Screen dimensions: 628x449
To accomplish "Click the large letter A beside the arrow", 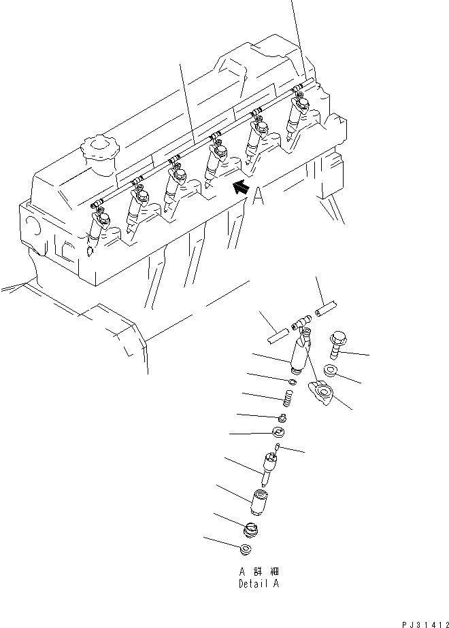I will [257, 197].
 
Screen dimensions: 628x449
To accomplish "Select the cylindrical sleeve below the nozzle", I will [261, 502].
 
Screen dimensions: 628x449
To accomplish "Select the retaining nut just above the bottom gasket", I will [251, 528].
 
